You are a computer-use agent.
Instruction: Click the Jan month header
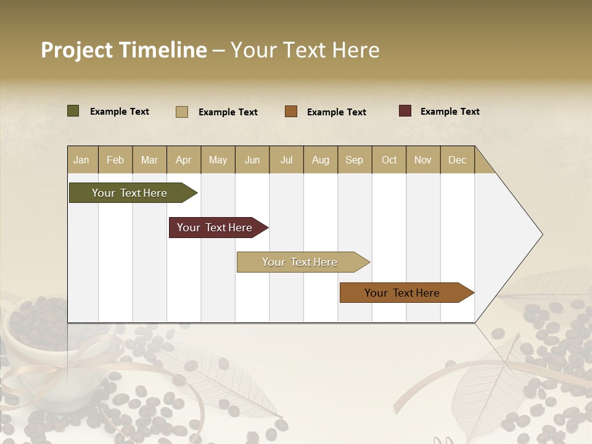[81, 160]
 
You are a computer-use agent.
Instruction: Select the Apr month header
[184, 160]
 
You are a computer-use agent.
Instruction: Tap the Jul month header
[286, 160]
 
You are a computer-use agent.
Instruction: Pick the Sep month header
[354, 160]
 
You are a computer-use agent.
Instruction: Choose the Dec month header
[457, 160]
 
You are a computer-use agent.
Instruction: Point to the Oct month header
[389, 160]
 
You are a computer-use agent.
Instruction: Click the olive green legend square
[73, 111]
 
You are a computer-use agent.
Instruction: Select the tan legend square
[181, 112]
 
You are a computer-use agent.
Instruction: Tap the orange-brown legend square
[291, 112]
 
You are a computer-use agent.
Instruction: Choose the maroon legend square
[405, 111]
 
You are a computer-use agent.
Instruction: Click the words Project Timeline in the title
[123, 50]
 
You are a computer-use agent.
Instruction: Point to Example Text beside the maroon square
[450, 112]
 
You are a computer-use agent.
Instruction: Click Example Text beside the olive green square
[120, 112]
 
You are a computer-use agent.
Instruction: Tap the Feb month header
[115, 160]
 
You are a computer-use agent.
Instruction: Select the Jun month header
[252, 160]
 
